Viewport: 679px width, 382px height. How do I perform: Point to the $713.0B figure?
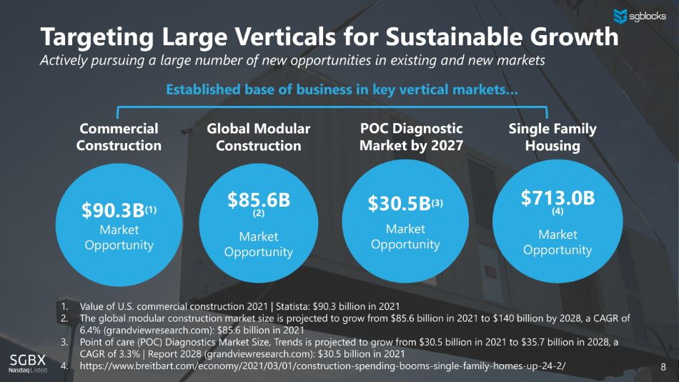[557, 197]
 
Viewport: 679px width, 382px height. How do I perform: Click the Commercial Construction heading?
[119, 137]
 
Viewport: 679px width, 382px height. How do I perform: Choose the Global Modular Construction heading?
[258, 137]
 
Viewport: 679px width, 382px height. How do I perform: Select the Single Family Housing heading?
[552, 137]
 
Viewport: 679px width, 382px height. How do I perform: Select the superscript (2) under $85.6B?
[259, 213]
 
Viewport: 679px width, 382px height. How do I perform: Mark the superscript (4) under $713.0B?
[557, 212]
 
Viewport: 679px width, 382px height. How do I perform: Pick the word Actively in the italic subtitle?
[64, 60]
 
